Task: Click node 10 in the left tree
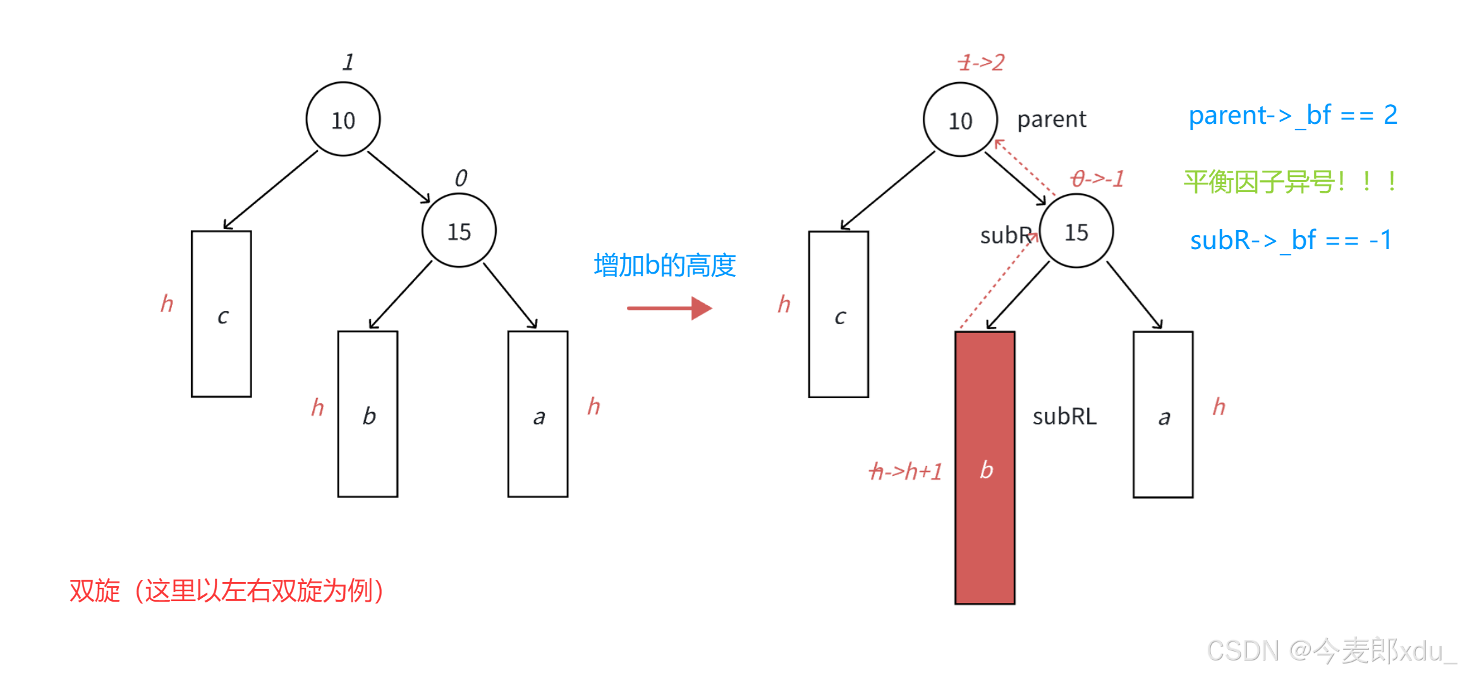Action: point(343,119)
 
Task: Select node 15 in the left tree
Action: point(459,231)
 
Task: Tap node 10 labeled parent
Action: point(960,120)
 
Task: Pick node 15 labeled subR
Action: point(1076,231)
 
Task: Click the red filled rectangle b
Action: point(985,468)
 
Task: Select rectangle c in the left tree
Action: point(221,314)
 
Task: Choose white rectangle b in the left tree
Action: point(368,414)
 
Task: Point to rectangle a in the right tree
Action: point(1163,415)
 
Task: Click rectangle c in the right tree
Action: point(839,315)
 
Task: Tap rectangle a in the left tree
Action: point(538,414)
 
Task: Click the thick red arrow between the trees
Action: point(669,308)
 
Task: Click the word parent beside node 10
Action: point(1052,119)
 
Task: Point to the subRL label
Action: point(1064,417)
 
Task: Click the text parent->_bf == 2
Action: point(1293,116)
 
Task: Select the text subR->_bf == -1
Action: point(1291,241)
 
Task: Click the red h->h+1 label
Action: point(906,471)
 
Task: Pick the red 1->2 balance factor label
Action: point(981,63)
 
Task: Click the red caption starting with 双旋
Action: point(227,591)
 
